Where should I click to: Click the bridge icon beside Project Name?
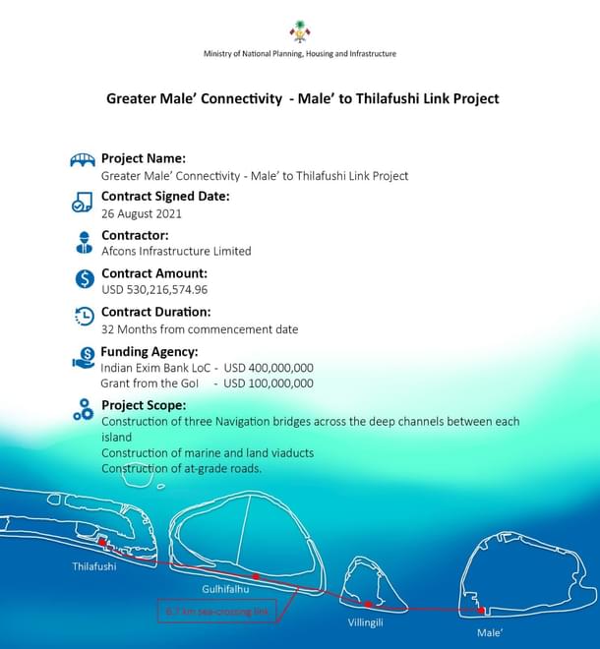(x=83, y=161)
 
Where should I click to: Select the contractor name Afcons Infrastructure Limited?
(x=176, y=251)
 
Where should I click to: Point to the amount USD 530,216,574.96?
(x=154, y=289)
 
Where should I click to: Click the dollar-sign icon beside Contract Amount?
(x=84, y=278)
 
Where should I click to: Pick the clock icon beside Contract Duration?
(x=84, y=317)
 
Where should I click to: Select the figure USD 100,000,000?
(x=269, y=383)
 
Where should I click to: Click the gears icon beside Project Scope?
(x=84, y=410)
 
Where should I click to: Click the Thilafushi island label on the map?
(x=93, y=566)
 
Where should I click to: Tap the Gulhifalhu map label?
(x=225, y=589)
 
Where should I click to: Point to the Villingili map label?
(x=365, y=623)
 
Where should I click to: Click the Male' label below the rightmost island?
(x=490, y=633)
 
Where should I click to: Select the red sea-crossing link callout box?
(x=217, y=612)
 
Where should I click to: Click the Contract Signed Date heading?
(x=165, y=196)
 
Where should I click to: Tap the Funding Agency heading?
(x=150, y=351)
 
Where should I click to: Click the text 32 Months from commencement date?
(x=200, y=329)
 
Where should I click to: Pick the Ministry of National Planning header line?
(x=300, y=53)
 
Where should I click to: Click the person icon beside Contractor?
(x=84, y=241)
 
